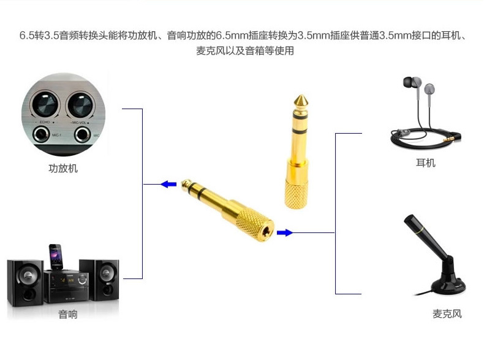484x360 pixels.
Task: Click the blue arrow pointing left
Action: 168,184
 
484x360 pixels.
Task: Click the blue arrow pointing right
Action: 285,232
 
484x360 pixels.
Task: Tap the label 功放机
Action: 63,169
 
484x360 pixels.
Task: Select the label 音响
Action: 68,314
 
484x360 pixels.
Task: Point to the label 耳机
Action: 426,163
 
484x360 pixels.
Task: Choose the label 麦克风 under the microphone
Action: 447,313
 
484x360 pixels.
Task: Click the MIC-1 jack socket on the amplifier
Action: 41,135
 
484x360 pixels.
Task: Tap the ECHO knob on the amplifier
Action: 45,104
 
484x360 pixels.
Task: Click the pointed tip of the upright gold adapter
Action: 300,96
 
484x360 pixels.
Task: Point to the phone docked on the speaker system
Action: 56,256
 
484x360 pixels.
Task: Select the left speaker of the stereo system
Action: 25,283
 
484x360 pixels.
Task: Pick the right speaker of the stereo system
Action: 99,280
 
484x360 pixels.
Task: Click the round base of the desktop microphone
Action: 448,285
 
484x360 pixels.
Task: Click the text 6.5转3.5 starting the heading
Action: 39,35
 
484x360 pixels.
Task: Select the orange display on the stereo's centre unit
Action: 67,280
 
